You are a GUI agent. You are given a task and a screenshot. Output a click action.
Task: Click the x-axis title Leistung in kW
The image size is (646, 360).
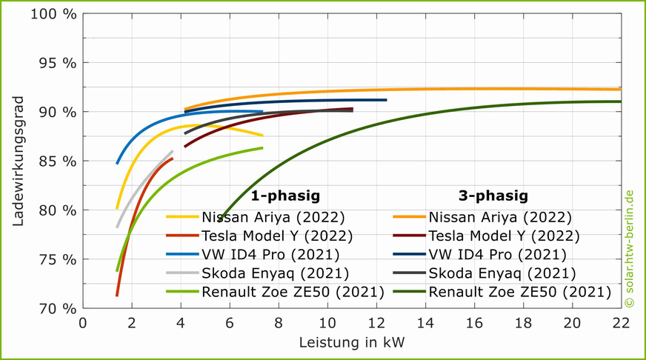(352, 343)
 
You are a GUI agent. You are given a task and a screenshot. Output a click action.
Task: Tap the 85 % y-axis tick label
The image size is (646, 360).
(57, 161)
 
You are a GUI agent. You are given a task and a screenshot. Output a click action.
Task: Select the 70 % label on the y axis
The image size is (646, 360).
(57, 308)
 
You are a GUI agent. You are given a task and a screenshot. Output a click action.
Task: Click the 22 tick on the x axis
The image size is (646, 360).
(621, 323)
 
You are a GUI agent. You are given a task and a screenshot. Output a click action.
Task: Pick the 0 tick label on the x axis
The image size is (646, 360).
(83, 323)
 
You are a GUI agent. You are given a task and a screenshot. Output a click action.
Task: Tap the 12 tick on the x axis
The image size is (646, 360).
(376, 323)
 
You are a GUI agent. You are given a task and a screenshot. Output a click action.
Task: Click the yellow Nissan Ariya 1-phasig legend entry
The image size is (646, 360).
(272, 218)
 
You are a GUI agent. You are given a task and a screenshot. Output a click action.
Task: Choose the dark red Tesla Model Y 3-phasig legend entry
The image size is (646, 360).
(504, 236)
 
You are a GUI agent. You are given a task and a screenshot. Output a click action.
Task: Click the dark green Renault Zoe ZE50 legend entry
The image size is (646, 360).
(519, 292)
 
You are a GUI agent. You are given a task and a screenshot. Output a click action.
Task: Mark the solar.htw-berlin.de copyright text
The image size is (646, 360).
(629, 248)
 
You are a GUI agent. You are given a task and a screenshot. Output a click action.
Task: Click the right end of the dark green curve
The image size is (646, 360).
(620, 101)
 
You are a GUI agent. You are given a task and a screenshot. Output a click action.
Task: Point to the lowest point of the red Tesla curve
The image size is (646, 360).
(117, 296)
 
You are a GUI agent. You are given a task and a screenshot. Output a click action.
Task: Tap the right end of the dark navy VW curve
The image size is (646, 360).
(386, 99)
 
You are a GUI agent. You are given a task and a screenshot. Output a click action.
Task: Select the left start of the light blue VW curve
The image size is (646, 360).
(117, 163)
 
